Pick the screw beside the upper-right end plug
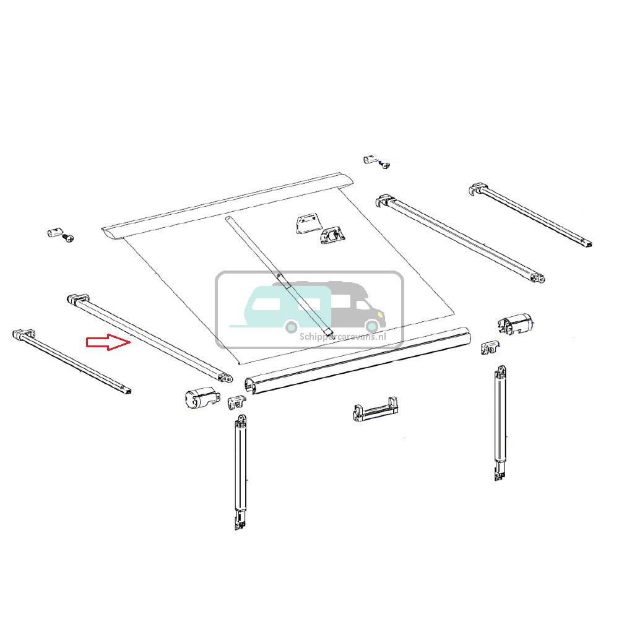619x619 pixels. pyautogui.click(x=385, y=164)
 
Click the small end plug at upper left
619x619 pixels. pyautogui.click(x=53, y=233)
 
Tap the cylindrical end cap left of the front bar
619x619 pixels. pyautogui.click(x=197, y=399)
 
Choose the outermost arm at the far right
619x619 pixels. pyautogui.click(x=532, y=217)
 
